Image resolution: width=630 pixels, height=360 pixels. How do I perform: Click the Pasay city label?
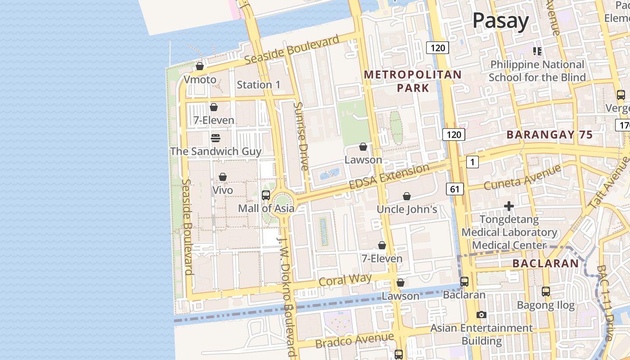(x=500, y=21)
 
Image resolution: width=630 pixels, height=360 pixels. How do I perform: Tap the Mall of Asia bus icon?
(x=266, y=195)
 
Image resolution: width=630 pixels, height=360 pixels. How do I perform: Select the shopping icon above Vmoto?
(x=200, y=67)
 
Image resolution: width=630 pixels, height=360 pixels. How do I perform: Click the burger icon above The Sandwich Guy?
(x=216, y=138)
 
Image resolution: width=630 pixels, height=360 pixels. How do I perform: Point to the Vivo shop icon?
(x=223, y=177)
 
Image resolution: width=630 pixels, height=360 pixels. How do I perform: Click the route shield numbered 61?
(x=455, y=189)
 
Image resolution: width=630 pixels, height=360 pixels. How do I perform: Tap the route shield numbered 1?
(x=472, y=162)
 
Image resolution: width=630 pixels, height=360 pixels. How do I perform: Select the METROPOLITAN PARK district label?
(x=413, y=81)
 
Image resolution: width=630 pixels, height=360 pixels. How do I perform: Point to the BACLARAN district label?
(x=545, y=264)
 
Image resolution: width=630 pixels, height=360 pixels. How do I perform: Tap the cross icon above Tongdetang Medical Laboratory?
(x=509, y=206)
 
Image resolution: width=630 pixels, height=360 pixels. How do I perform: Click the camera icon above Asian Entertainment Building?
(x=481, y=315)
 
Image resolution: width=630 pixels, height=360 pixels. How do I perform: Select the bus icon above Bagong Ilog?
(x=546, y=292)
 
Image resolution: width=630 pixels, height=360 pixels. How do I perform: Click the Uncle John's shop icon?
(x=407, y=196)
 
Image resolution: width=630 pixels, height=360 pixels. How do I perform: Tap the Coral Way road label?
(x=345, y=280)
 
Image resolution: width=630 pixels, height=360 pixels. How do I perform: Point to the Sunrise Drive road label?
(x=300, y=136)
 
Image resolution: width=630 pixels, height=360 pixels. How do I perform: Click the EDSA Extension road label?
(x=389, y=177)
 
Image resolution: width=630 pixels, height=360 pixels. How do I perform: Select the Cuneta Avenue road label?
(x=522, y=177)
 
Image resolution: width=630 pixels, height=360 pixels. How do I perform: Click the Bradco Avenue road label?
(x=355, y=340)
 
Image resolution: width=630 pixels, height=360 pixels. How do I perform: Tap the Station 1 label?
(x=258, y=85)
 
